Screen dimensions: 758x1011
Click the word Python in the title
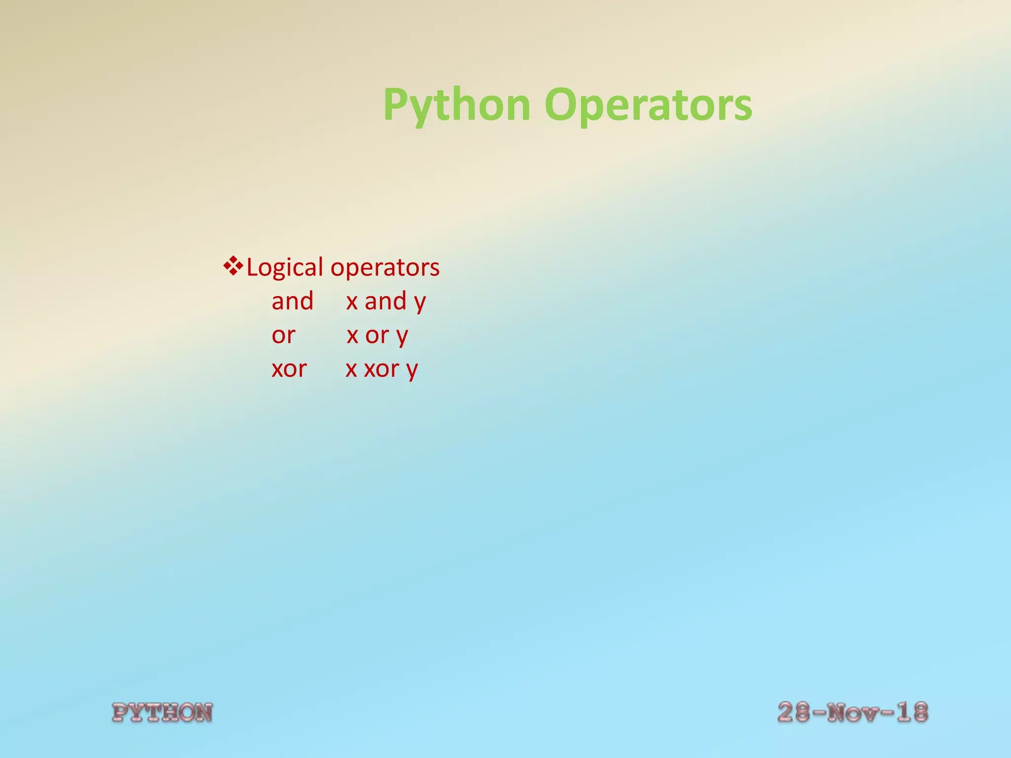point(457,105)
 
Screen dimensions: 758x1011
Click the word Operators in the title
point(648,105)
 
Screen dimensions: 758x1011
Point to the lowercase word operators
point(385,267)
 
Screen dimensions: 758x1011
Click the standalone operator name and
point(292,301)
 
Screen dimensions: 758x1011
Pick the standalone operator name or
point(283,336)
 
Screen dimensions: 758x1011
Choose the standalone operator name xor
point(289,369)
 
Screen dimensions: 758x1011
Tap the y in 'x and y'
point(420,303)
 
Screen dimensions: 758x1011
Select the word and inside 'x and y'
point(385,301)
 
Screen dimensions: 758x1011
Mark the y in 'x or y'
point(402,337)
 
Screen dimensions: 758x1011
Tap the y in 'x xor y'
point(412,371)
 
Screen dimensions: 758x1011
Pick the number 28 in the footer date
point(793,713)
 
